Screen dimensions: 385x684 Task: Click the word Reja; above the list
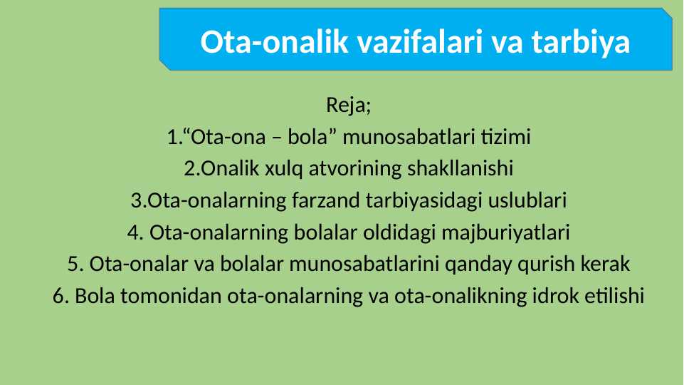[x=349, y=106]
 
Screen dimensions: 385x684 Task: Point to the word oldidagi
[x=406, y=232]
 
